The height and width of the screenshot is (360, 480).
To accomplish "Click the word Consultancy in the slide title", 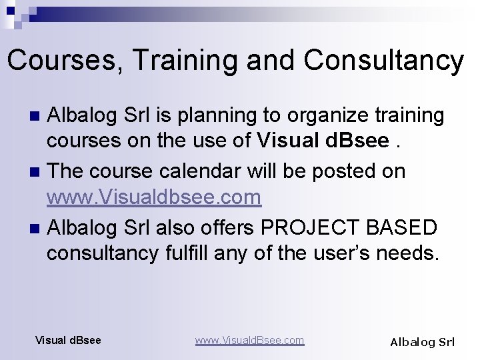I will [383, 61].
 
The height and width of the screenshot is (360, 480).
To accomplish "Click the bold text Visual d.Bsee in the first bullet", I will [323, 141].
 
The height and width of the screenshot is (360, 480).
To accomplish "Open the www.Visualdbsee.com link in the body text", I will [153, 197].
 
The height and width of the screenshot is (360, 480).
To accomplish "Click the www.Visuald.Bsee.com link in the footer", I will [249, 340].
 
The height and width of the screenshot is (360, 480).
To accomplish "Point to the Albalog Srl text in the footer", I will [422, 342].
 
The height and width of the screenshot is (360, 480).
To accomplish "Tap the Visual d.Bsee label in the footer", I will [68, 340].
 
